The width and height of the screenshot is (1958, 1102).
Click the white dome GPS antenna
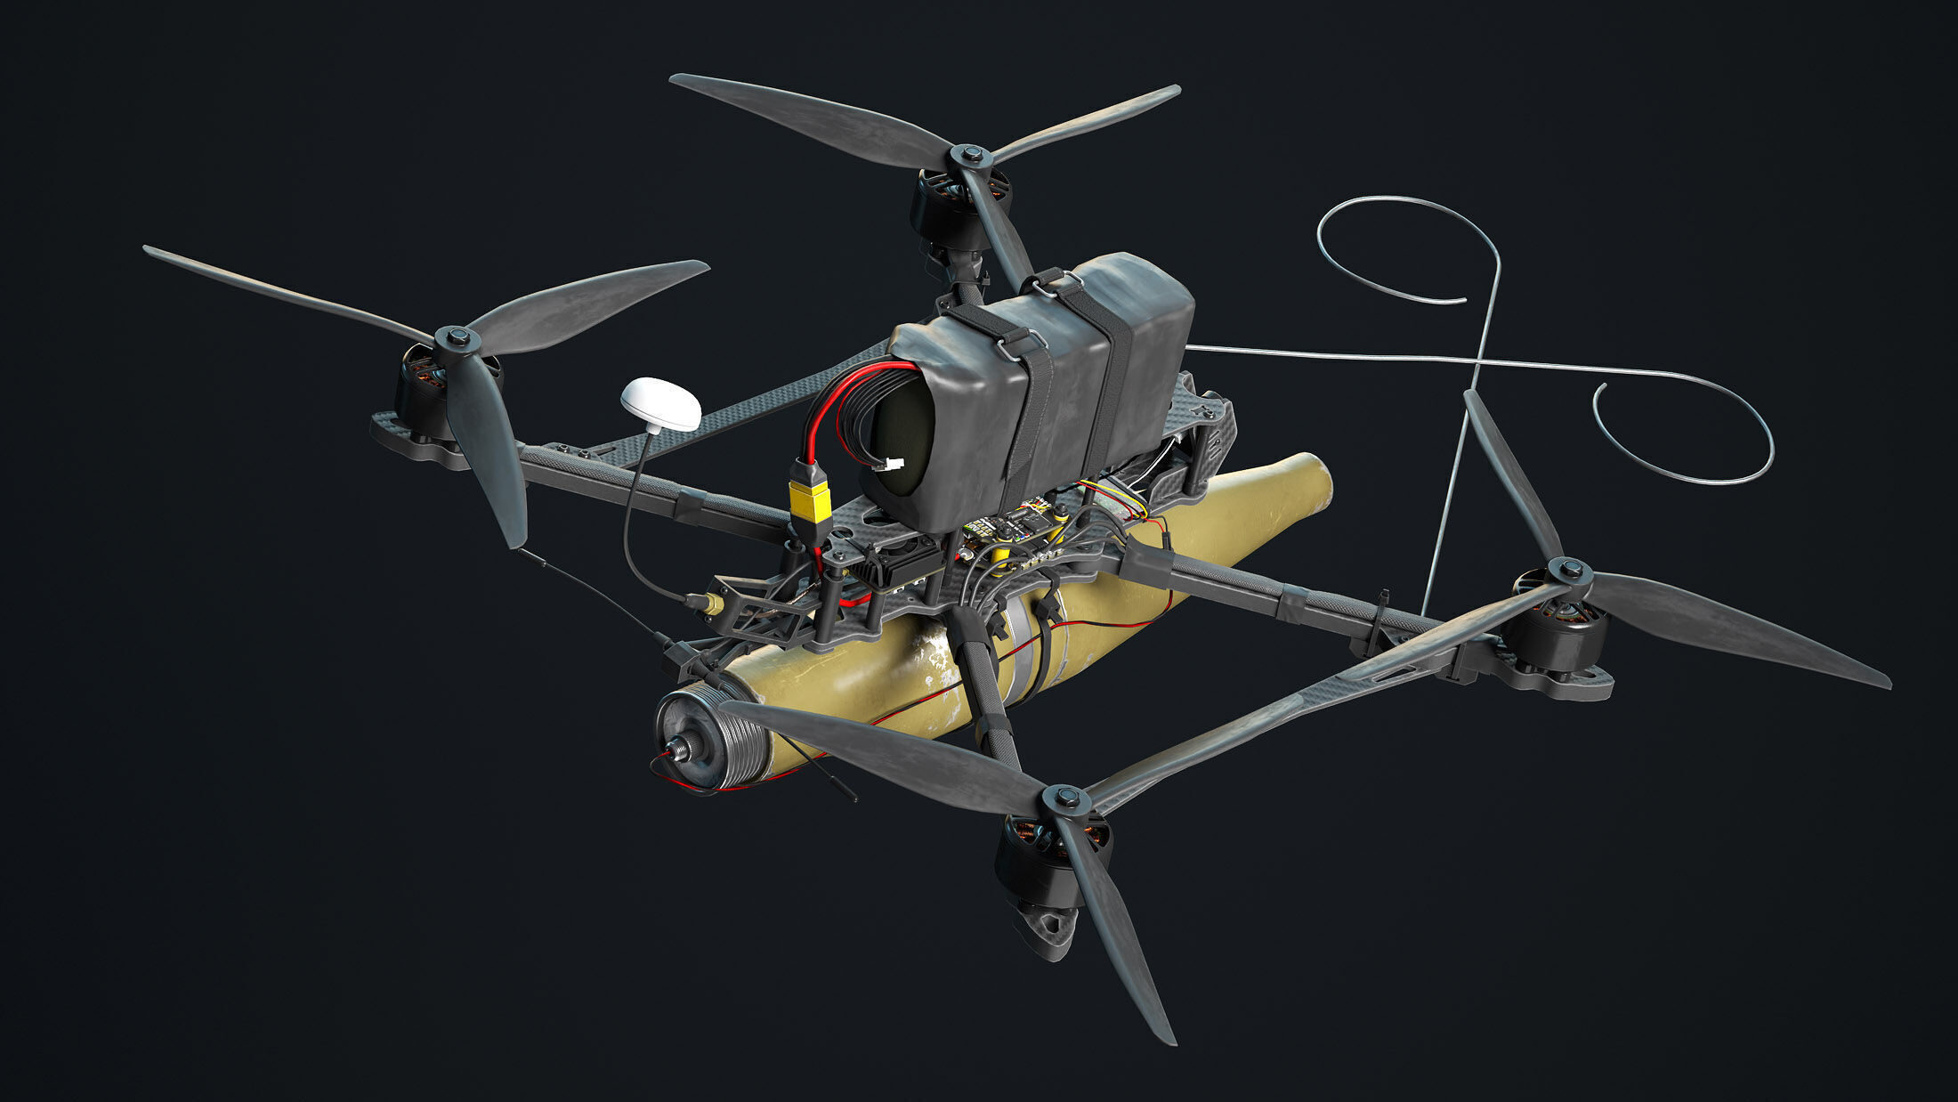660,405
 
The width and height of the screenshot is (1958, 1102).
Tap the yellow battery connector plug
810,503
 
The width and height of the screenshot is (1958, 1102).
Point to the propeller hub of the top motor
970,157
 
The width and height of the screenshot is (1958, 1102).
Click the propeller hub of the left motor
457,338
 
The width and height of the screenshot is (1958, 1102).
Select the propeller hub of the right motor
1569,570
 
